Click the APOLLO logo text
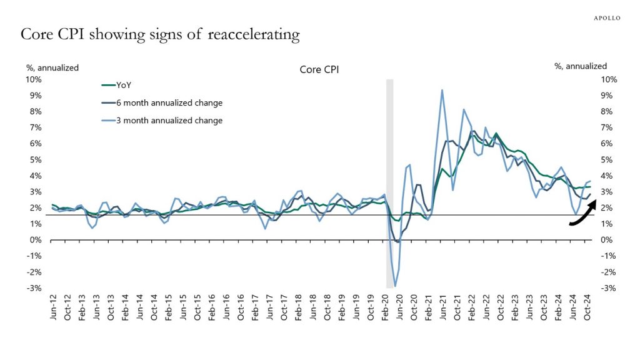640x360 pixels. (x=606, y=18)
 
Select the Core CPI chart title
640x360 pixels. (x=319, y=71)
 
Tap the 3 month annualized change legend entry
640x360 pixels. (x=169, y=121)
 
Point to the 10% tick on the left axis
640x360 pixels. (x=32, y=79)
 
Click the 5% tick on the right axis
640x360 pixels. (x=608, y=160)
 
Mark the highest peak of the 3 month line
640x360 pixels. (x=442, y=90)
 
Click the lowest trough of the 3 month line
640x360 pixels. (x=395, y=286)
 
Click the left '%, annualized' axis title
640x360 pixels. (x=52, y=67)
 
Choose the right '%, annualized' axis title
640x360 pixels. (x=581, y=66)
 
